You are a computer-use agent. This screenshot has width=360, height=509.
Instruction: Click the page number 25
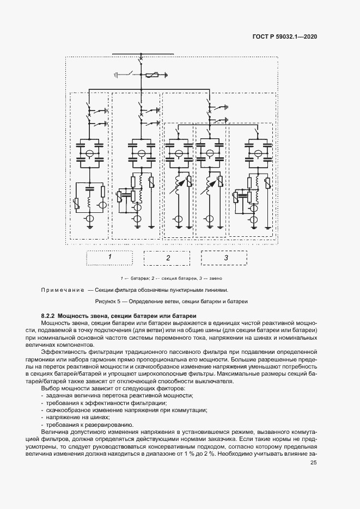(313, 463)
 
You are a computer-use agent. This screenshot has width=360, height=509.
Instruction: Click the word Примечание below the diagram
(62, 290)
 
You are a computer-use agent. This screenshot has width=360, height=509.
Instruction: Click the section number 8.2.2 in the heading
(48, 316)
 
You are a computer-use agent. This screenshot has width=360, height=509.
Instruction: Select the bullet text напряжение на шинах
(74, 416)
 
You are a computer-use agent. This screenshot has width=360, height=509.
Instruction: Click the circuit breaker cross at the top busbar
(142, 58)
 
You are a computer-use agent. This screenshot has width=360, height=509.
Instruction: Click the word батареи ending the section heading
(171, 316)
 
